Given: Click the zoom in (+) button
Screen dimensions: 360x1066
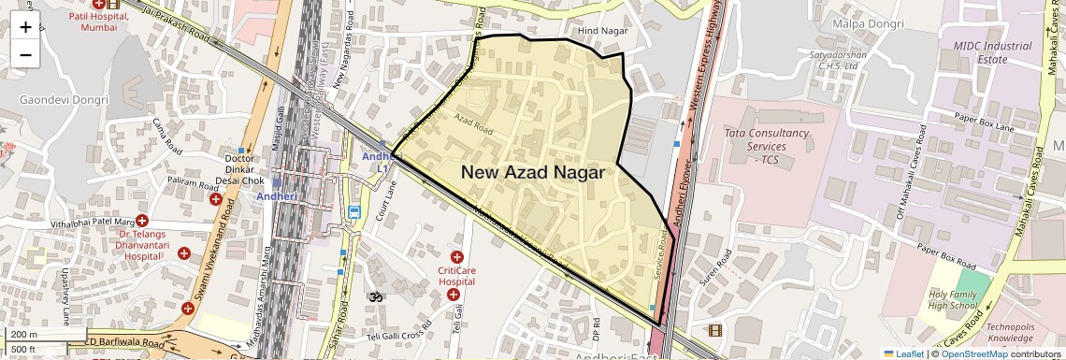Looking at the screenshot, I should coord(25,27).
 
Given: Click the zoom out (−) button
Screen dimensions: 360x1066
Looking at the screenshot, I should coord(25,54).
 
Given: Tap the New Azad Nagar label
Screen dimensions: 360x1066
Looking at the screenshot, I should coord(533,172).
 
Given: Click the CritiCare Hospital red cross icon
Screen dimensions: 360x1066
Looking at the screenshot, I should coord(457,256).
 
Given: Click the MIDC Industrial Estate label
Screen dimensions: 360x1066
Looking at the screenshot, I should coord(992,52).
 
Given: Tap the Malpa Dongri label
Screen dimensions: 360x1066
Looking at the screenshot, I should coord(868,23).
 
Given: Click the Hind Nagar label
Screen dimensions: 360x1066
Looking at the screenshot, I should coord(600,31).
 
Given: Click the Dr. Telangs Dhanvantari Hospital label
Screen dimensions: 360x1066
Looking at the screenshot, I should coord(148,244).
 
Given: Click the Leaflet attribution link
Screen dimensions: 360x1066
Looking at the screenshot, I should coord(903,353).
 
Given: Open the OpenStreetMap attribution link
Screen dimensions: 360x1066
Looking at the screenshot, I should coord(974,353).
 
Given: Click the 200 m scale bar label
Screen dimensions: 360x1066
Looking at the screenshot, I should coord(24,335).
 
